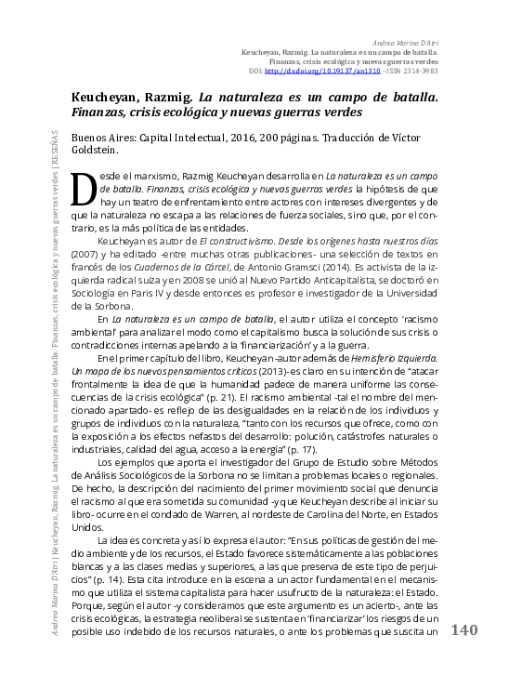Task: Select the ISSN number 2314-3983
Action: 417,70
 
